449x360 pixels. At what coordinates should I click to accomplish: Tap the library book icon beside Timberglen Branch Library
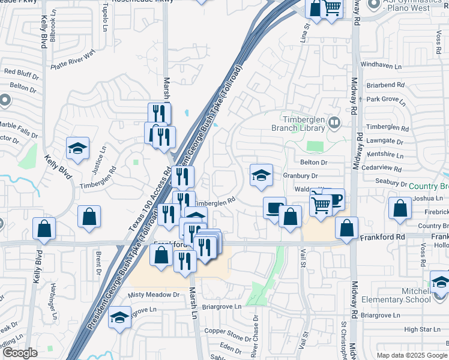point(335,124)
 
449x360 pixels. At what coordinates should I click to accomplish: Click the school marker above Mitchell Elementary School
point(440,281)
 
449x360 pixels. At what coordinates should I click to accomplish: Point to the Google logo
point(19,353)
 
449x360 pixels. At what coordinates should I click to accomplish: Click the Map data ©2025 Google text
point(412,355)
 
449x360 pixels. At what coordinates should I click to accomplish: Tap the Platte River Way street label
point(73,59)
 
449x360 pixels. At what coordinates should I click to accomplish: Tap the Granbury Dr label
point(301,176)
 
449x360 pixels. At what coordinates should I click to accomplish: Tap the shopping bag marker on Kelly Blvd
point(44,227)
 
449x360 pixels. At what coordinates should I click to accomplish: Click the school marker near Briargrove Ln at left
point(120,316)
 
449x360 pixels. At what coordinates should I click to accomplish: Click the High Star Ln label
point(419,329)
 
